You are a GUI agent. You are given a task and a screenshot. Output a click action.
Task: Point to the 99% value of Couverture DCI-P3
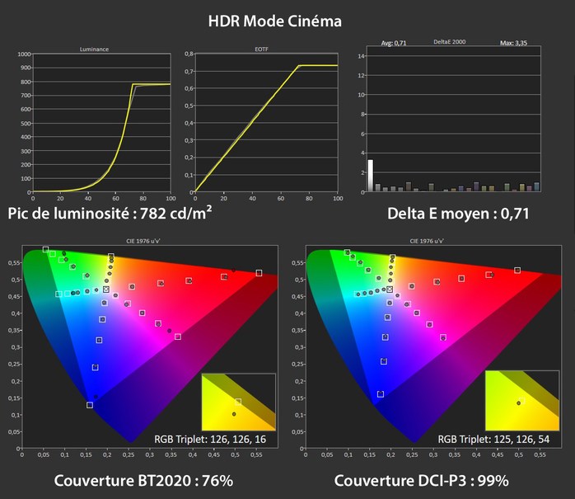click(489, 481)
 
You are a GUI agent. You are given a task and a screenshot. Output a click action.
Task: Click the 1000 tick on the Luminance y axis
click(22, 54)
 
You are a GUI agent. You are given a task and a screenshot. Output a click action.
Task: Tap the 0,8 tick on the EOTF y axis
click(188, 54)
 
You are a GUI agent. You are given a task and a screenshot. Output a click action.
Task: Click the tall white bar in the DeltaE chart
click(371, 175)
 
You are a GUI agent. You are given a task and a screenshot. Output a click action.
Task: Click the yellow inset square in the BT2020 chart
click(238, 400)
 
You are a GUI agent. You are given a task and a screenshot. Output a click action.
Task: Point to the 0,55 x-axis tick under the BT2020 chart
click(258, 454)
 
